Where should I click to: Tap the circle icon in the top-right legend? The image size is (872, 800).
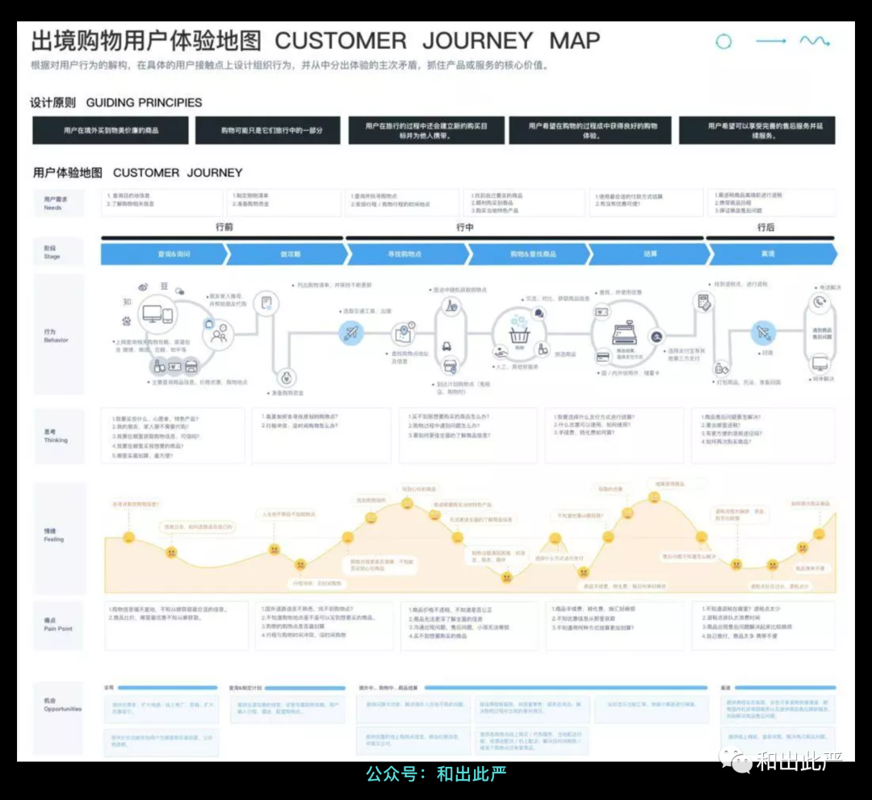(724, 42)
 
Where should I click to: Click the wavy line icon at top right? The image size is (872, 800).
(814, 41)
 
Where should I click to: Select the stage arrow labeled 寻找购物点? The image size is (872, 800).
(406, 253)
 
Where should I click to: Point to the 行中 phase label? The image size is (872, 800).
(464, 228)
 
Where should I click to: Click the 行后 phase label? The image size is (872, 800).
(765, 228)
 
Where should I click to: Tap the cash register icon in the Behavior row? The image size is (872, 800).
(625, 332)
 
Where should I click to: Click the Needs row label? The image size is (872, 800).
(52, 203)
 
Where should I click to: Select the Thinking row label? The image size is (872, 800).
(56, 436)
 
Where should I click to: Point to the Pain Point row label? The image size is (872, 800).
(57, 624)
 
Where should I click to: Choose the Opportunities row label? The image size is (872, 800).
(62, 706)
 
